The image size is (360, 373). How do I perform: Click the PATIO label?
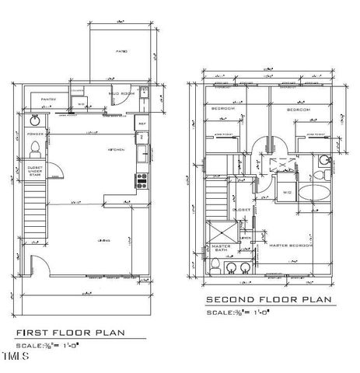123,51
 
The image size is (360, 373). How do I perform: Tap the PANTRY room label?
48,99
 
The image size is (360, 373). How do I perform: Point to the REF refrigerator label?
142,123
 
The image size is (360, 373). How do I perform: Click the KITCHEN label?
117,149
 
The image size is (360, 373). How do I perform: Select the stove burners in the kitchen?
142,180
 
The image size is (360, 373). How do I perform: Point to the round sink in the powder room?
36,122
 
